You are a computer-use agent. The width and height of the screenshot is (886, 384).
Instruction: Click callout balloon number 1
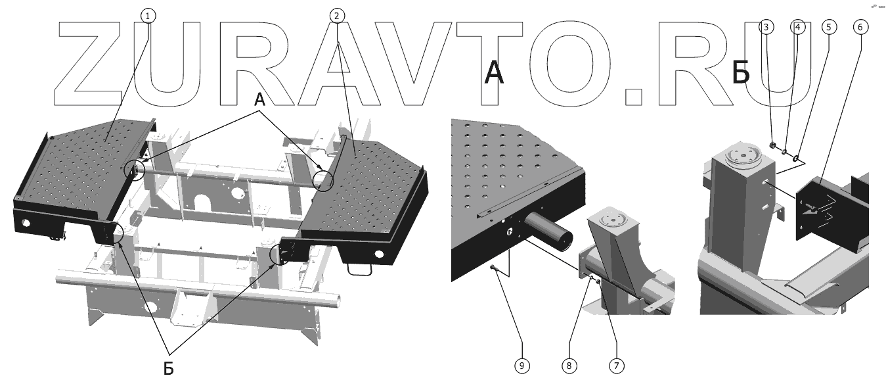148,15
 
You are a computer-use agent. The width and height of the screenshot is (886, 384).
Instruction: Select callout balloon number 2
337,15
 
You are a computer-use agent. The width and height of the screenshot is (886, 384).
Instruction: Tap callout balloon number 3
766,27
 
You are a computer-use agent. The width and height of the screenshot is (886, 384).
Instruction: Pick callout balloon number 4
797,27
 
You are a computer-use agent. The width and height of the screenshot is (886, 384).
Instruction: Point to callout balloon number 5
828,27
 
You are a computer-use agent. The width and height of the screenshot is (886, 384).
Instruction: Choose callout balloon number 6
860,27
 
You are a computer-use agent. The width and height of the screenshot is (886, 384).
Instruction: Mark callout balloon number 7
616,365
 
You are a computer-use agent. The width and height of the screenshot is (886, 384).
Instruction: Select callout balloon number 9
522,365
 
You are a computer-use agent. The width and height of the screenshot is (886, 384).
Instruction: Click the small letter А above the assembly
259,101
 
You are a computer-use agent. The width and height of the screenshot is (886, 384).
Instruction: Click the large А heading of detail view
494,73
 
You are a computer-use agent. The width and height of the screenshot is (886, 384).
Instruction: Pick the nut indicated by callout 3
773,146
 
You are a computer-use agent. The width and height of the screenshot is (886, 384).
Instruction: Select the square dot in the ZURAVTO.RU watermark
633,96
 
